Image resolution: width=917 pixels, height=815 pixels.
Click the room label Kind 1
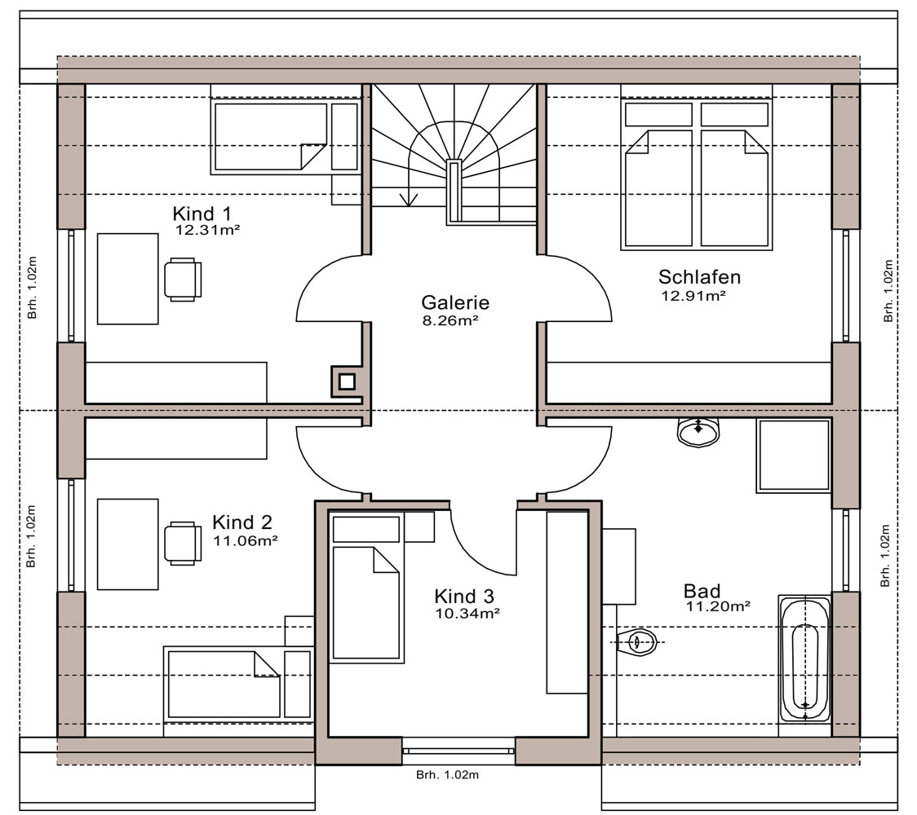coord(202,214)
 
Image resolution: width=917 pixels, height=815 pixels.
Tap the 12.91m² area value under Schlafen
coord(693,296)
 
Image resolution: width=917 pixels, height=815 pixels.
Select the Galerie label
coord(455,302)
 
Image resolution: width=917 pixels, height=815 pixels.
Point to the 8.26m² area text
coord(450,320)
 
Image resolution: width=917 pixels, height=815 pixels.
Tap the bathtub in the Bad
coord(804,665)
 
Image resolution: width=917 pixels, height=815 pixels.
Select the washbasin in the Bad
coord(698,432)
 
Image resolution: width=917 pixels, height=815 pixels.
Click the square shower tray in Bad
coord(794,456)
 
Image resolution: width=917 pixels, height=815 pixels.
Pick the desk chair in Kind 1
coord(183,280)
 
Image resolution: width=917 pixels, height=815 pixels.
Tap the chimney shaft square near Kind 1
coord(347,381)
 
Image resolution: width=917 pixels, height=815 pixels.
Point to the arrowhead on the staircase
coord(408,199)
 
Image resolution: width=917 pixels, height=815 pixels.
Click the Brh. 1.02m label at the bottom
coord(447,775)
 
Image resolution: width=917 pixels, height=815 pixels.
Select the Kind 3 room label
coord(463,597)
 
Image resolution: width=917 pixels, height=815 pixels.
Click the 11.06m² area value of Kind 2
coord(245,540)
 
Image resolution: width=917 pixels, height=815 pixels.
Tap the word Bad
coord(702,591)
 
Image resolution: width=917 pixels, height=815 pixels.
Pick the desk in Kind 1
coord(127,279)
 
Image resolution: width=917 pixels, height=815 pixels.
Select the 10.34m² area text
coord(467,614)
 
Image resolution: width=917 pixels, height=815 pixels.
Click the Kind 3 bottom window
coord(458,751)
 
